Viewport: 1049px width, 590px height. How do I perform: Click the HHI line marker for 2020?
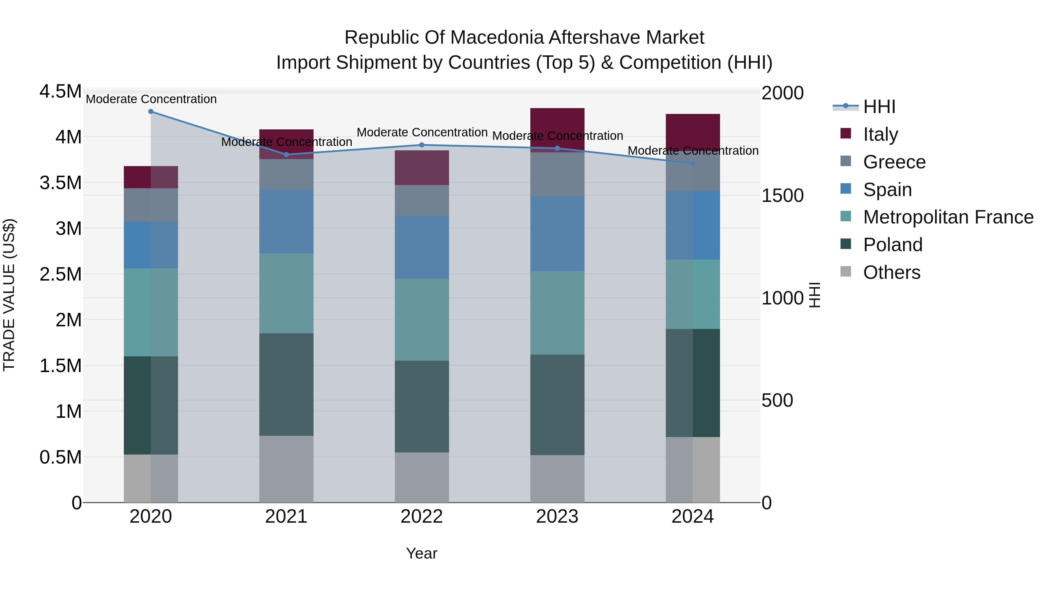(x=151, y=112)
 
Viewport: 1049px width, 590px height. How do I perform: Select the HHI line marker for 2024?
(x=693, y=163)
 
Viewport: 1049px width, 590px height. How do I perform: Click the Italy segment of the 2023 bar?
(x=557, y=129)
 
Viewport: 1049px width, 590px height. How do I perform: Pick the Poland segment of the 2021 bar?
(x=286, y=384)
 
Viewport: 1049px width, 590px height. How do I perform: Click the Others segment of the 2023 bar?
(x=557, y=478)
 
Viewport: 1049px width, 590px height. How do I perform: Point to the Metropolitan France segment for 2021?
(x=286, y=293)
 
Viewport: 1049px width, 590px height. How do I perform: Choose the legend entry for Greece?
(x=894, y=162)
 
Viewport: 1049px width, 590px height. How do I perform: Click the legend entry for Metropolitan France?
(x=948, y=217)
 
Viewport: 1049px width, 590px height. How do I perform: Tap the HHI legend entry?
(x=879, y=107)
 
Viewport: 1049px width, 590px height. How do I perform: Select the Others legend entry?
(x=891, y=272)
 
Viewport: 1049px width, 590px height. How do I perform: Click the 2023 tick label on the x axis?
(x=557, y=517)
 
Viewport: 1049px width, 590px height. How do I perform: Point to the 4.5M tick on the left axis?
(x=60, y=91)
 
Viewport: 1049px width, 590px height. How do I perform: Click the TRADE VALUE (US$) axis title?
(x=9, y=295)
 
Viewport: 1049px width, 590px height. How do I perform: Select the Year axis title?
(x=421, y=553)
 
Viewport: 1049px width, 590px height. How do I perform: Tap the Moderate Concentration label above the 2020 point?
(x=151, y=99)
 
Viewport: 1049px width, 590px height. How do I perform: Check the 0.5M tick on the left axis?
(x=60, y=457)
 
